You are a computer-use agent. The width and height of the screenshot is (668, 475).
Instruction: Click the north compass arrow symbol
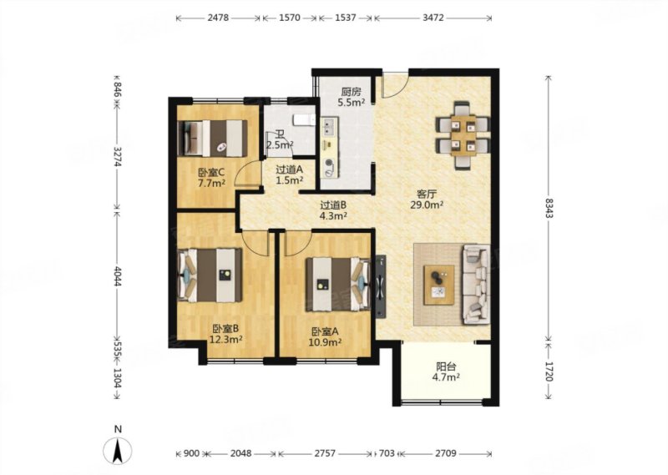click(x=117, y=450)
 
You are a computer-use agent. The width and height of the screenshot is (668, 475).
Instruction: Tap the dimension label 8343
click(x=549, y=209)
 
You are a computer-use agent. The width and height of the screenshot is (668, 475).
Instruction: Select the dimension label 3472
click(x=433, y=18)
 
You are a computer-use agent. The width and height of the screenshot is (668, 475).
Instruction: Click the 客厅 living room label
click(x=427, y=195)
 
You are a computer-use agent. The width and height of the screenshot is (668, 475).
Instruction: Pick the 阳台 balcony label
click(x=446, y=366)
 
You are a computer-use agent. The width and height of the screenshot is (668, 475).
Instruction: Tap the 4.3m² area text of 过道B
click(x=333, y=215)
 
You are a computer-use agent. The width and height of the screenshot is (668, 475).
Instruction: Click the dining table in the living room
click(x=463, y=134)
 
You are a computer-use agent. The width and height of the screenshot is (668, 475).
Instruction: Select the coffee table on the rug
click(x=439, y=285)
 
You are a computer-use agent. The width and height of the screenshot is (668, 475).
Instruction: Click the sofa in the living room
click(x=476, y=283)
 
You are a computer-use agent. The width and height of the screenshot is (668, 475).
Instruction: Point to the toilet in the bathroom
click(x=303, y=120)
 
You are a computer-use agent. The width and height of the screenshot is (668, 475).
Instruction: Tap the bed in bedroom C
click(x=213, y=138)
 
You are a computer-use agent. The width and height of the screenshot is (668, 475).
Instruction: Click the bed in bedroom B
click(x=210, y=275)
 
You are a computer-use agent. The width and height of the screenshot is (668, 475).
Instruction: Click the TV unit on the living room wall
click(x=381, y=286)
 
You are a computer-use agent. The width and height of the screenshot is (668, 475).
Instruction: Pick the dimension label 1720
click(x=549, y=371)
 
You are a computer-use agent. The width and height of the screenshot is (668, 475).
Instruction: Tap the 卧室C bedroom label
click(x=211, y=173)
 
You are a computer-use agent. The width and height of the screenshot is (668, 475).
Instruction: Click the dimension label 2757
click(x=325, y=453)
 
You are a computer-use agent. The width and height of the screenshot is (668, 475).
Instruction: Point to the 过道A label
click(x=289, y=169)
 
